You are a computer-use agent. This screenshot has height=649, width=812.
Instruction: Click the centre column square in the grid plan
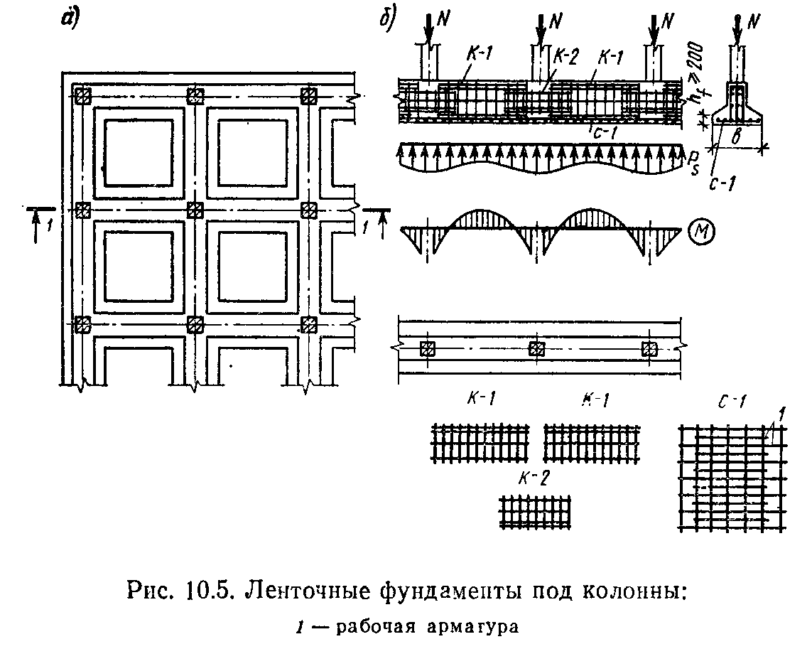tap(195, 210)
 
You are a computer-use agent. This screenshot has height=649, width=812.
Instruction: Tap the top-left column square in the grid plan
tap(83, 95)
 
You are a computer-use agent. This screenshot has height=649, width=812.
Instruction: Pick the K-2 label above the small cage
tap(513, 476)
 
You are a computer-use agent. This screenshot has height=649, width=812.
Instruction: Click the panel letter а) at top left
tap(68, 20)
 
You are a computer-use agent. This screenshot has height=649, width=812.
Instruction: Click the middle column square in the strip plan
tap(537, 348)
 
